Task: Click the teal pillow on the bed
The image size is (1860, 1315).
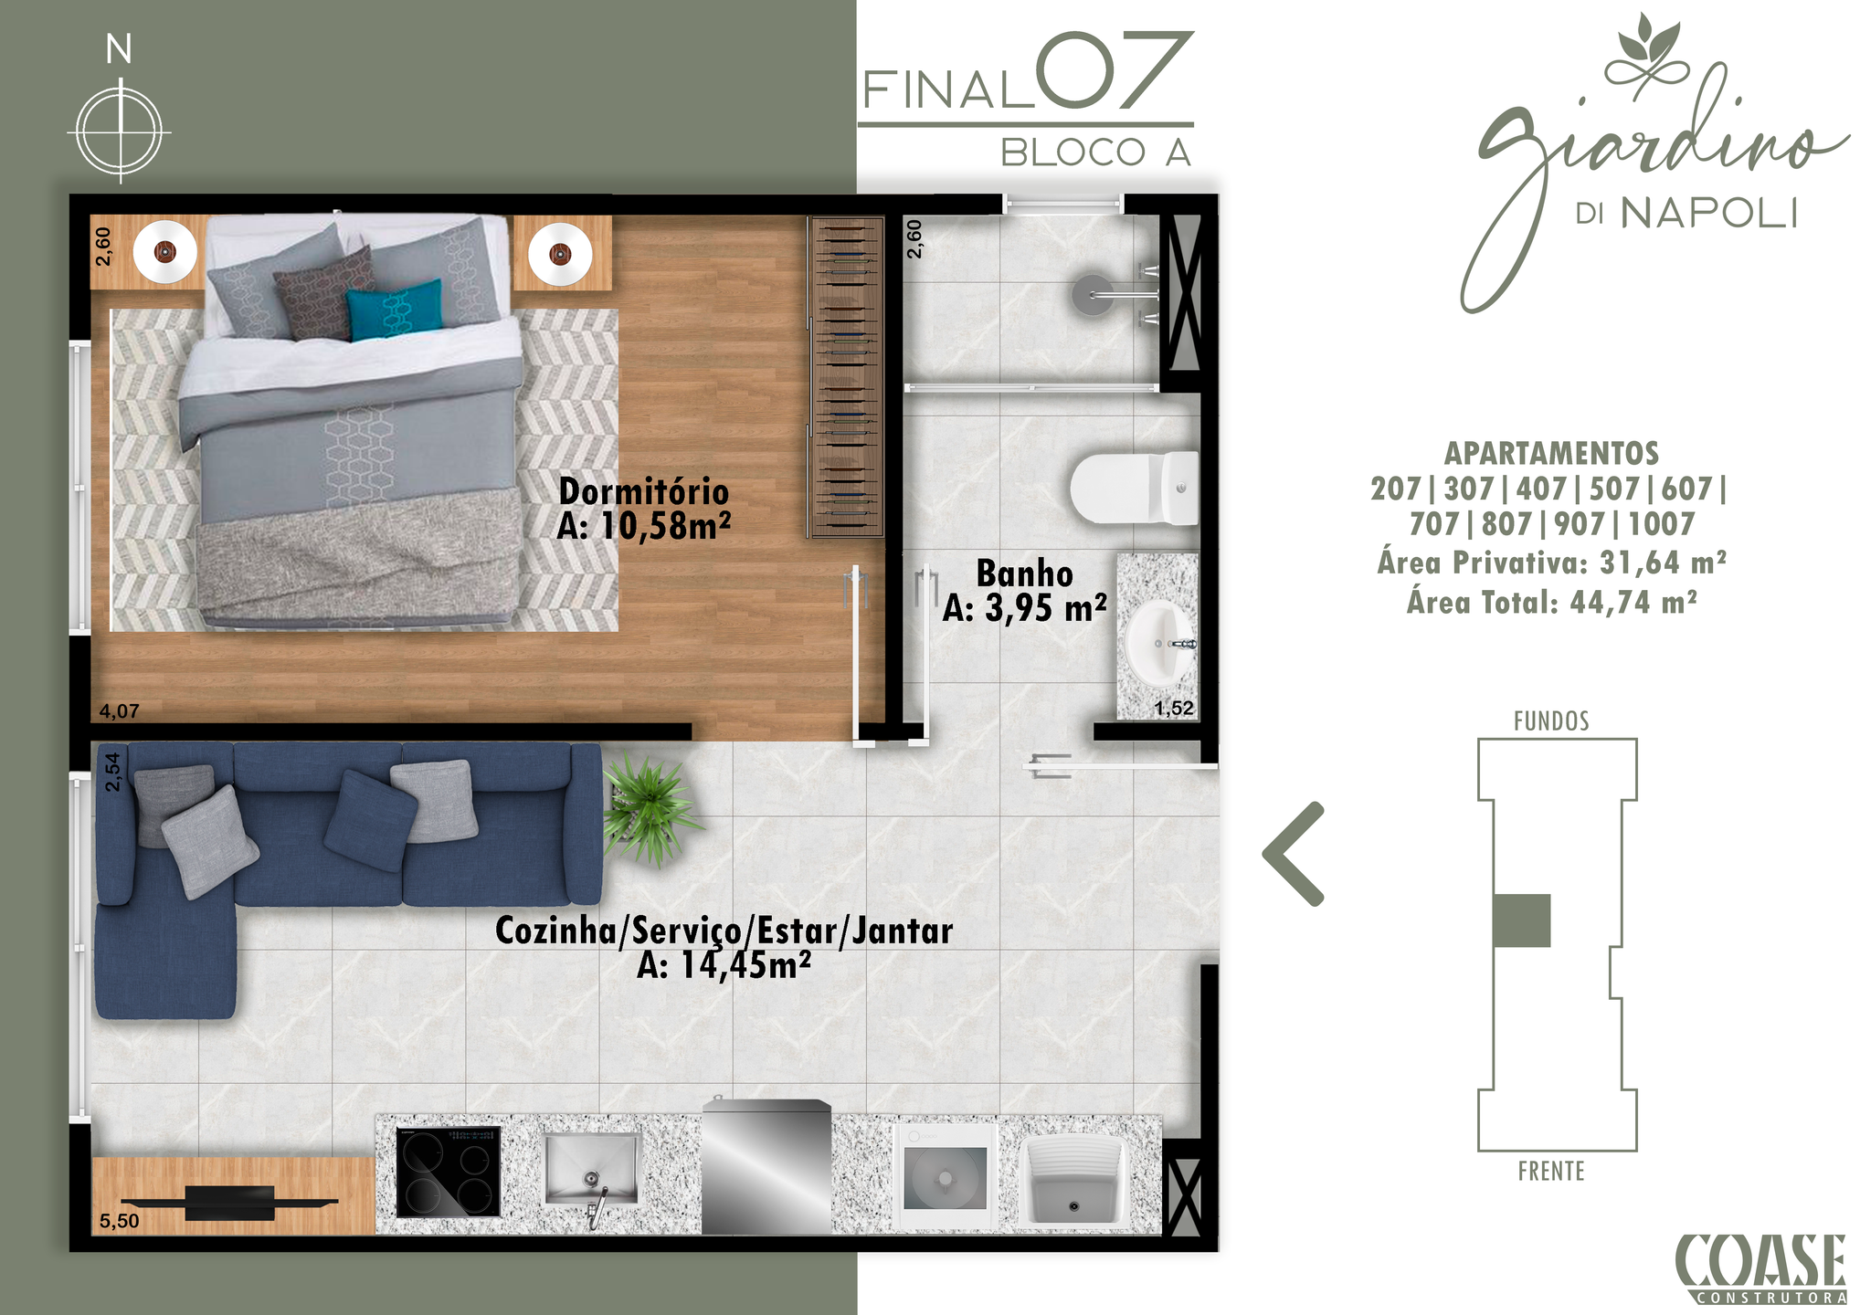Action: click(x=394, y=310)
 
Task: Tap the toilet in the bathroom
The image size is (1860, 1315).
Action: click(x=1134, y=488)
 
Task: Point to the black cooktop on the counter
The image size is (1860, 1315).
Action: click(x=449, y=1172)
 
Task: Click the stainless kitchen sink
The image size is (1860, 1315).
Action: click(x=592, y=1169)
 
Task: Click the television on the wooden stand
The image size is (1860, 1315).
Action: click(x=229, y=1203)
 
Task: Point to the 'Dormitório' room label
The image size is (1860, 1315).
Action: click(x=644, y=491)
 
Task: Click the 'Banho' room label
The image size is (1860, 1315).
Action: click(x=1024, y=573)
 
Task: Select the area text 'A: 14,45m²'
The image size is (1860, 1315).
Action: click(x=724, y=965)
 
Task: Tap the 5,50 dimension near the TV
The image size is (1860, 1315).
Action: click(x=120, y=1221)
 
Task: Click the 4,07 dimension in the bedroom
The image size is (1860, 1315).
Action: click(x=120, y=710)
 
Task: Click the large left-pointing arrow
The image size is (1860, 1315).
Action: click(x=1293, y=854)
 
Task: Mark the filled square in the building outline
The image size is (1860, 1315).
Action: click(x=1522, y=920)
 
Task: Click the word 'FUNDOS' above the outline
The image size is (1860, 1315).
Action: click(x=1551, y=721)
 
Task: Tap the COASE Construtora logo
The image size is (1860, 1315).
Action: click(x=1760, y=1268)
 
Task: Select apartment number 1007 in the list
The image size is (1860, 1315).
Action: click(x=1662, y=524)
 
